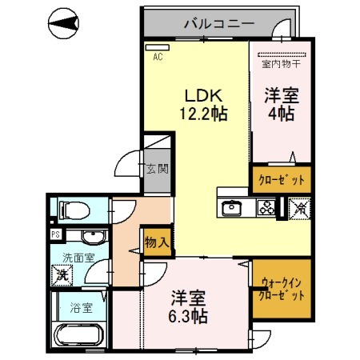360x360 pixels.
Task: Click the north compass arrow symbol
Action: coord(65,24)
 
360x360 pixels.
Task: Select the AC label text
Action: coord(158,57)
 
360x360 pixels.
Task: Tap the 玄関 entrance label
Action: coord(157,169)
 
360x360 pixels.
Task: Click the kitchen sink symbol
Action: coord(233,207)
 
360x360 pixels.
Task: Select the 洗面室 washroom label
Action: coord(78,258)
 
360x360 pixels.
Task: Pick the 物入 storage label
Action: coord(157,241)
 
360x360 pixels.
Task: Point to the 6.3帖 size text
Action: coord(190,317)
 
